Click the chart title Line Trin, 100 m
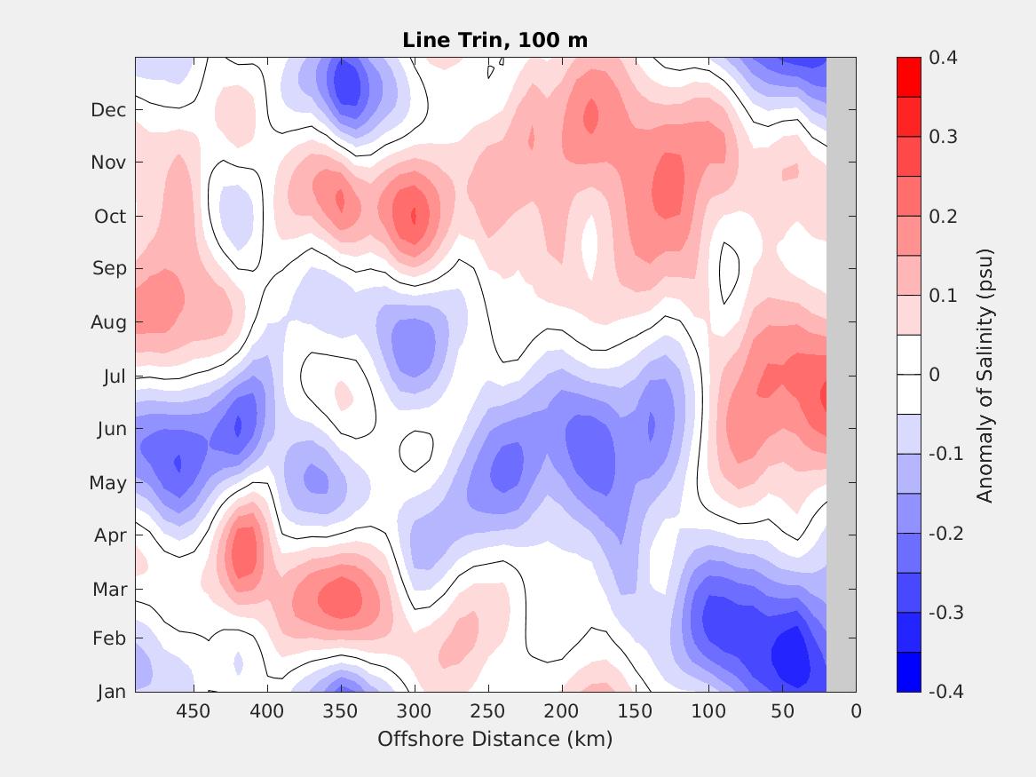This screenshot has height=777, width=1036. tap(494, 40)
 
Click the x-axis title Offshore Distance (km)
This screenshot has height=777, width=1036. tap(494, 739)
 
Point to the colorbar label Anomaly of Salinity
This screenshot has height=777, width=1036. tap(985, 375)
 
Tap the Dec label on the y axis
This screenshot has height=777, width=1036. tap(108, 110)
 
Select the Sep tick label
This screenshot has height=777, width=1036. tap(109, 268)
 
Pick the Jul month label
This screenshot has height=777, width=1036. tap(114, 377)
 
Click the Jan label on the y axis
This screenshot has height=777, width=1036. tap(111, 692)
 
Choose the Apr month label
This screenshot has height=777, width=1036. tap(110, 535)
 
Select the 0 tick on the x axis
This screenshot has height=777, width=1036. tap(856, 711)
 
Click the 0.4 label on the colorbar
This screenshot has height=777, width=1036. tap(943, 58)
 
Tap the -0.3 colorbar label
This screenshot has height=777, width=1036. tap(945, 613)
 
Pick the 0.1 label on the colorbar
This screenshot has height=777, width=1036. tap(943, 296)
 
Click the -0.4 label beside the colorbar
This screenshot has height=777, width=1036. tap(945, 691)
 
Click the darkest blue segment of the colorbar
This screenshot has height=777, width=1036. tap(909, 671)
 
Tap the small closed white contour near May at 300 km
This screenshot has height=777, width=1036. tap(415, 451)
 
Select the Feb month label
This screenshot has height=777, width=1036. tap(110, 639)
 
